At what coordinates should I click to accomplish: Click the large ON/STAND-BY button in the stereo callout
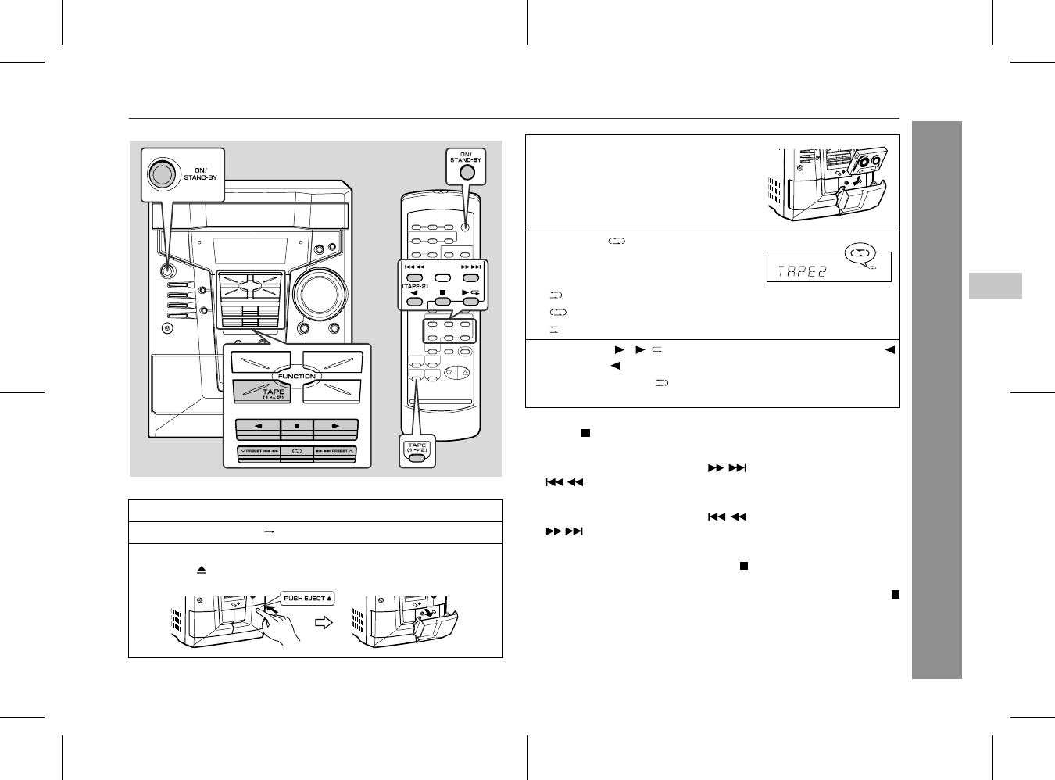pos(162,175)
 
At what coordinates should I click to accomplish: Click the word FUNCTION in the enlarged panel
pos(297,376)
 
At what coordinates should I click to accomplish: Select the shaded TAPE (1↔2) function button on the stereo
pos(262,392)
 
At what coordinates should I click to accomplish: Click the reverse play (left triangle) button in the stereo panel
pos(258,427)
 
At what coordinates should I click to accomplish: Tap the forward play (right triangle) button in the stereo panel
pos(335,427)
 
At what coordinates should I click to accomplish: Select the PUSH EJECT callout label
pos(307,599)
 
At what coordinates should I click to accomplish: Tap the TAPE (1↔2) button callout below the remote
pos(417,452)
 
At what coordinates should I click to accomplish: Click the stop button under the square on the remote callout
pos(442,302)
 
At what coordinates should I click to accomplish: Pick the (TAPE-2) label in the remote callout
pos(414,286)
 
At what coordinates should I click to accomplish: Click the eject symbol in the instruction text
pos(201,571)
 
